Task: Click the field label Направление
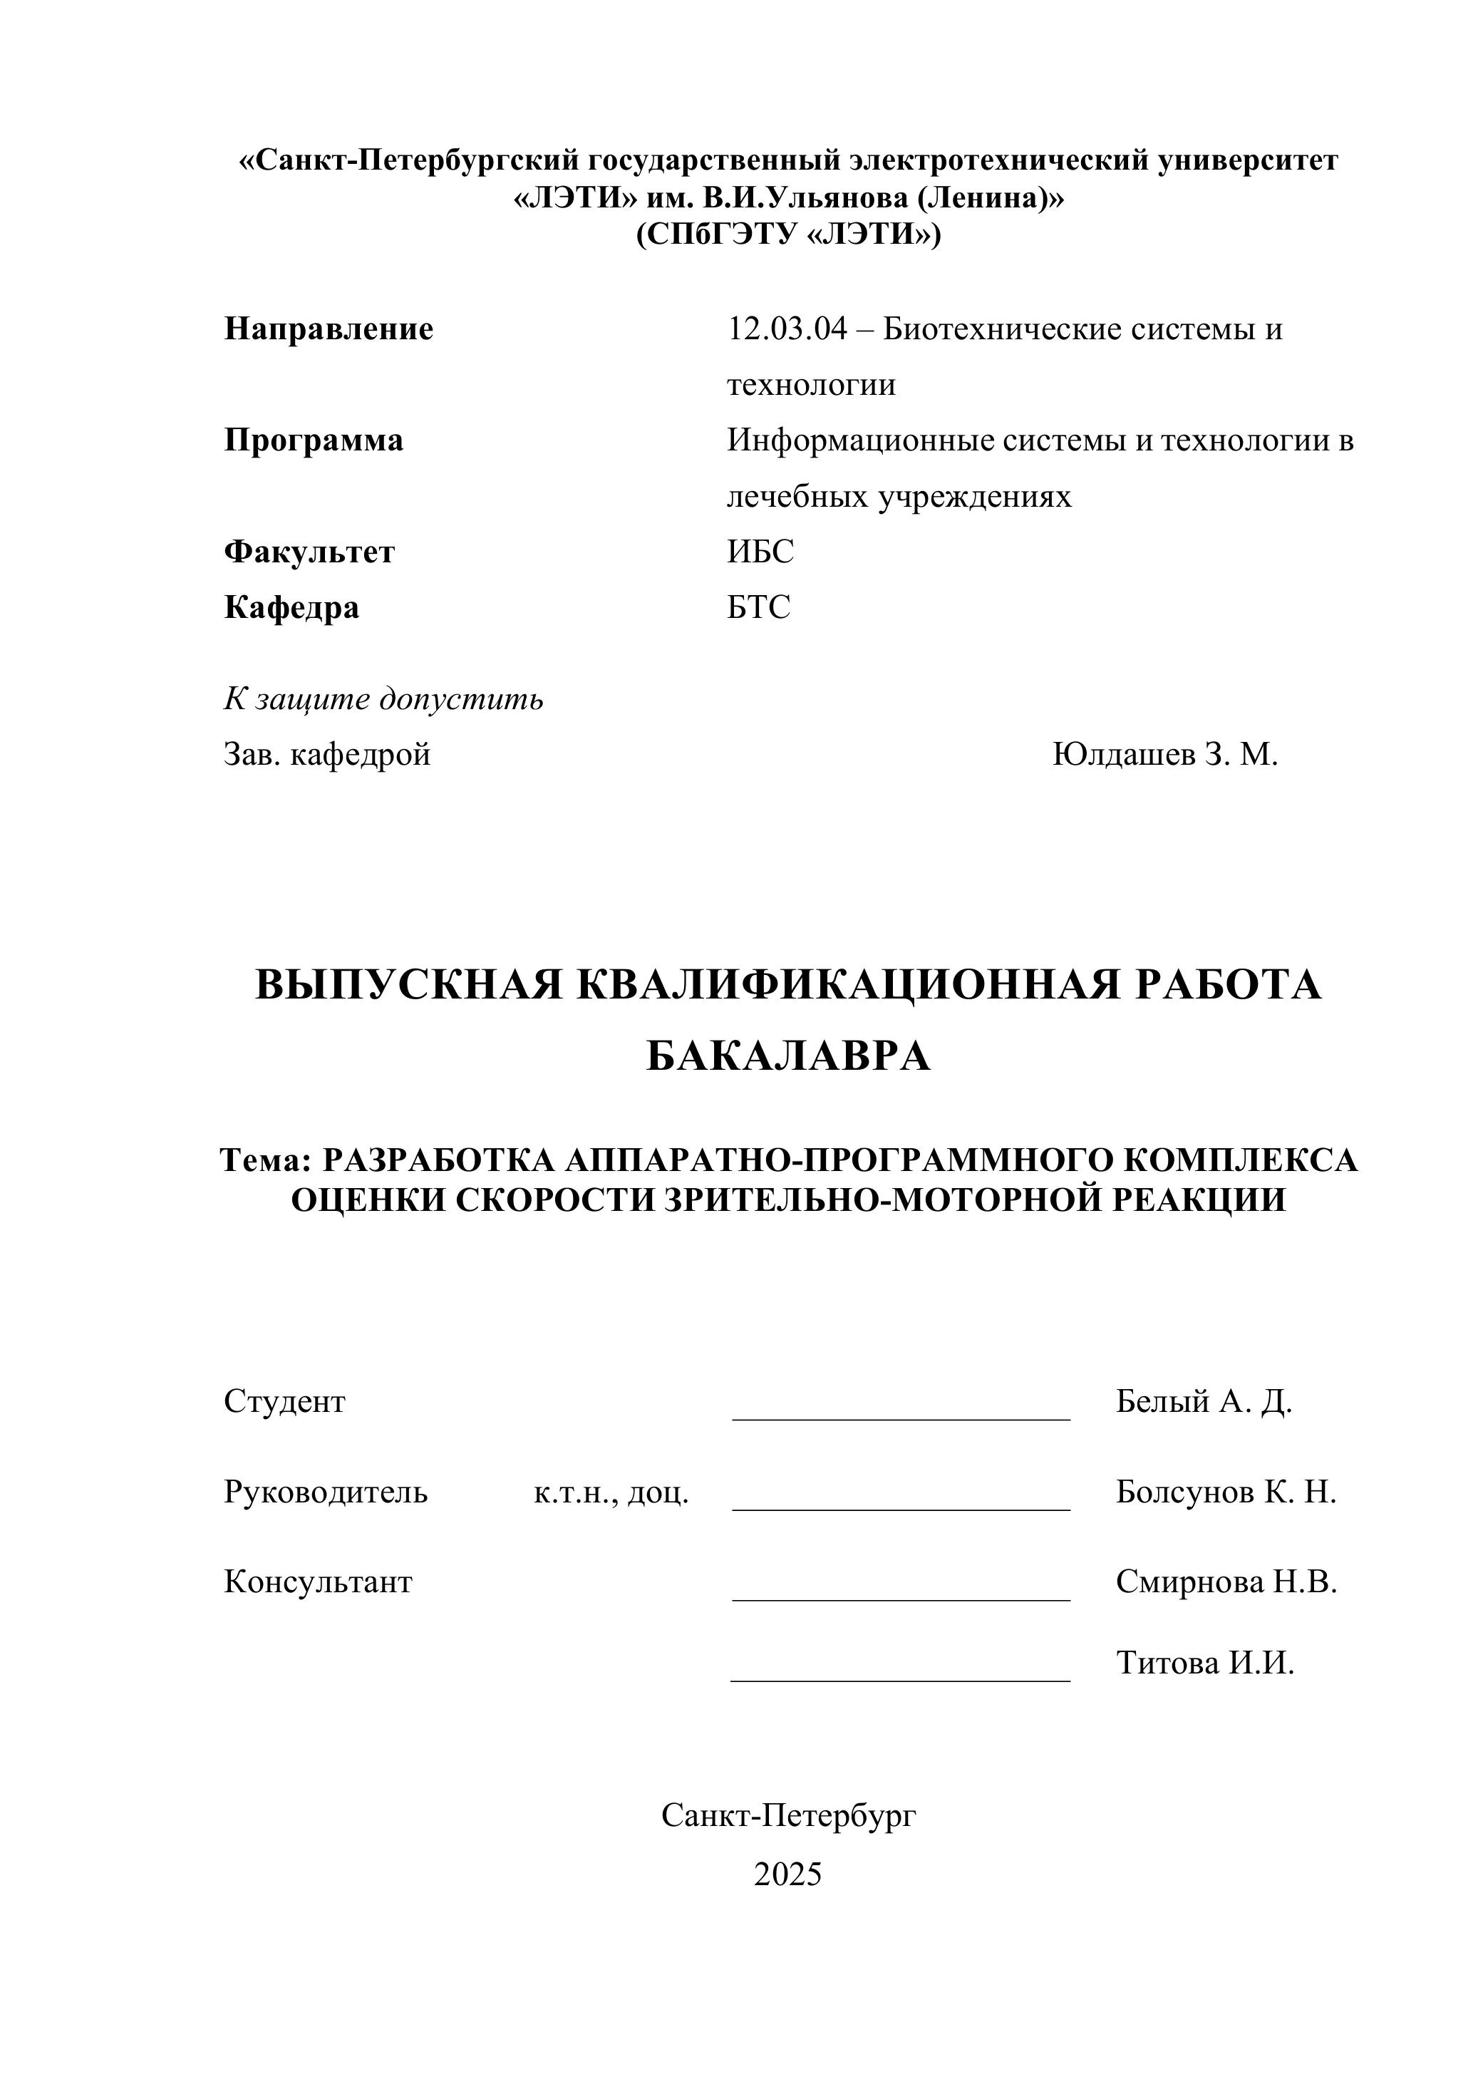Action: (329, 329)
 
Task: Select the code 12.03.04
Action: (787, 329)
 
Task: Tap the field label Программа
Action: (313, 440)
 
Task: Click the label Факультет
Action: (309, 552)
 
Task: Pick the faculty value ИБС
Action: (760, 552)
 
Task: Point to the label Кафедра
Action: (291, 607)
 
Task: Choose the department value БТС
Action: (759, 607)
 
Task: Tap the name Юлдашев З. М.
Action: (1164, 754)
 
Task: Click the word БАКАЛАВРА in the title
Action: (787, 1056)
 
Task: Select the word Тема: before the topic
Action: (266, 1160)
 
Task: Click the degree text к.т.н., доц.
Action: (611, 1492)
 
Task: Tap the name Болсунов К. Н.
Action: (1225, 1492)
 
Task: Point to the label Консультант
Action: (318, 1582)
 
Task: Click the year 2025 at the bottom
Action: (787, 1874)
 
